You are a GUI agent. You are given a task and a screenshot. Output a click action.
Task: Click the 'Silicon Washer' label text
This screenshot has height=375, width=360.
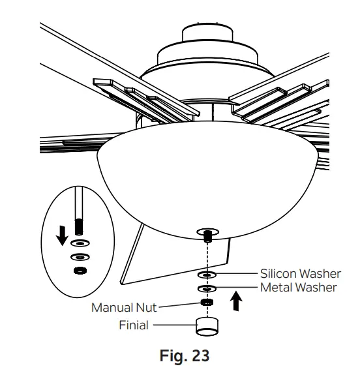point(301,274)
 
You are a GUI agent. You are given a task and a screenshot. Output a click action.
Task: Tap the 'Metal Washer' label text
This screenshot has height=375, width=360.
point(298,288)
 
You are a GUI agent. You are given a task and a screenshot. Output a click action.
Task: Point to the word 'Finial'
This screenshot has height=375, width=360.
point(133,324)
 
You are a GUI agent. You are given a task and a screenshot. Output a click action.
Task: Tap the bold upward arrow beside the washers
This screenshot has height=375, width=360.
point(237,302)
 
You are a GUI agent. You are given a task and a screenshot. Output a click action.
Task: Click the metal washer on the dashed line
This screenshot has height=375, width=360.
point(207,288)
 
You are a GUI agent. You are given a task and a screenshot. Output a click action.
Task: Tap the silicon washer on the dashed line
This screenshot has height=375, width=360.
point(207,275)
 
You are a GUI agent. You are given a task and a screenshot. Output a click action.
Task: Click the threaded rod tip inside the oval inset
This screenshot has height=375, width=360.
point(80,225)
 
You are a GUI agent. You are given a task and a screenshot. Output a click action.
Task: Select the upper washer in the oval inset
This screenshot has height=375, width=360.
point(80,241)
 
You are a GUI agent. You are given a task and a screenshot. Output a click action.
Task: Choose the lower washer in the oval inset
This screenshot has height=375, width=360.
point(80,255)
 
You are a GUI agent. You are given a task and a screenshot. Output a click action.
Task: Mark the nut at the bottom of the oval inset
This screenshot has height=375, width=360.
point(80,270)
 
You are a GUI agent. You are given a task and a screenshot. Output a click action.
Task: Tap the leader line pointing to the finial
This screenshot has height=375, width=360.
point(173,324)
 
